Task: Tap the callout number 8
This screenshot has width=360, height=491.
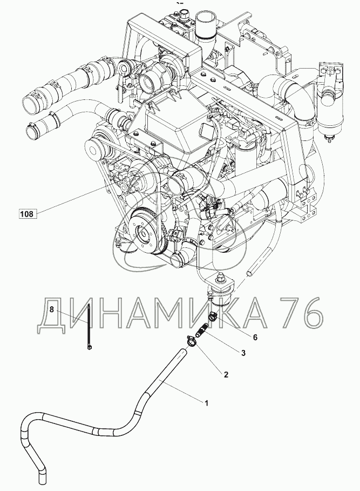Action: pos(52,310)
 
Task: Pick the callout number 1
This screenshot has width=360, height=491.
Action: pos(205,402)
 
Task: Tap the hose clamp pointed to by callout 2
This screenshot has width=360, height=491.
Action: pos(190,341)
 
